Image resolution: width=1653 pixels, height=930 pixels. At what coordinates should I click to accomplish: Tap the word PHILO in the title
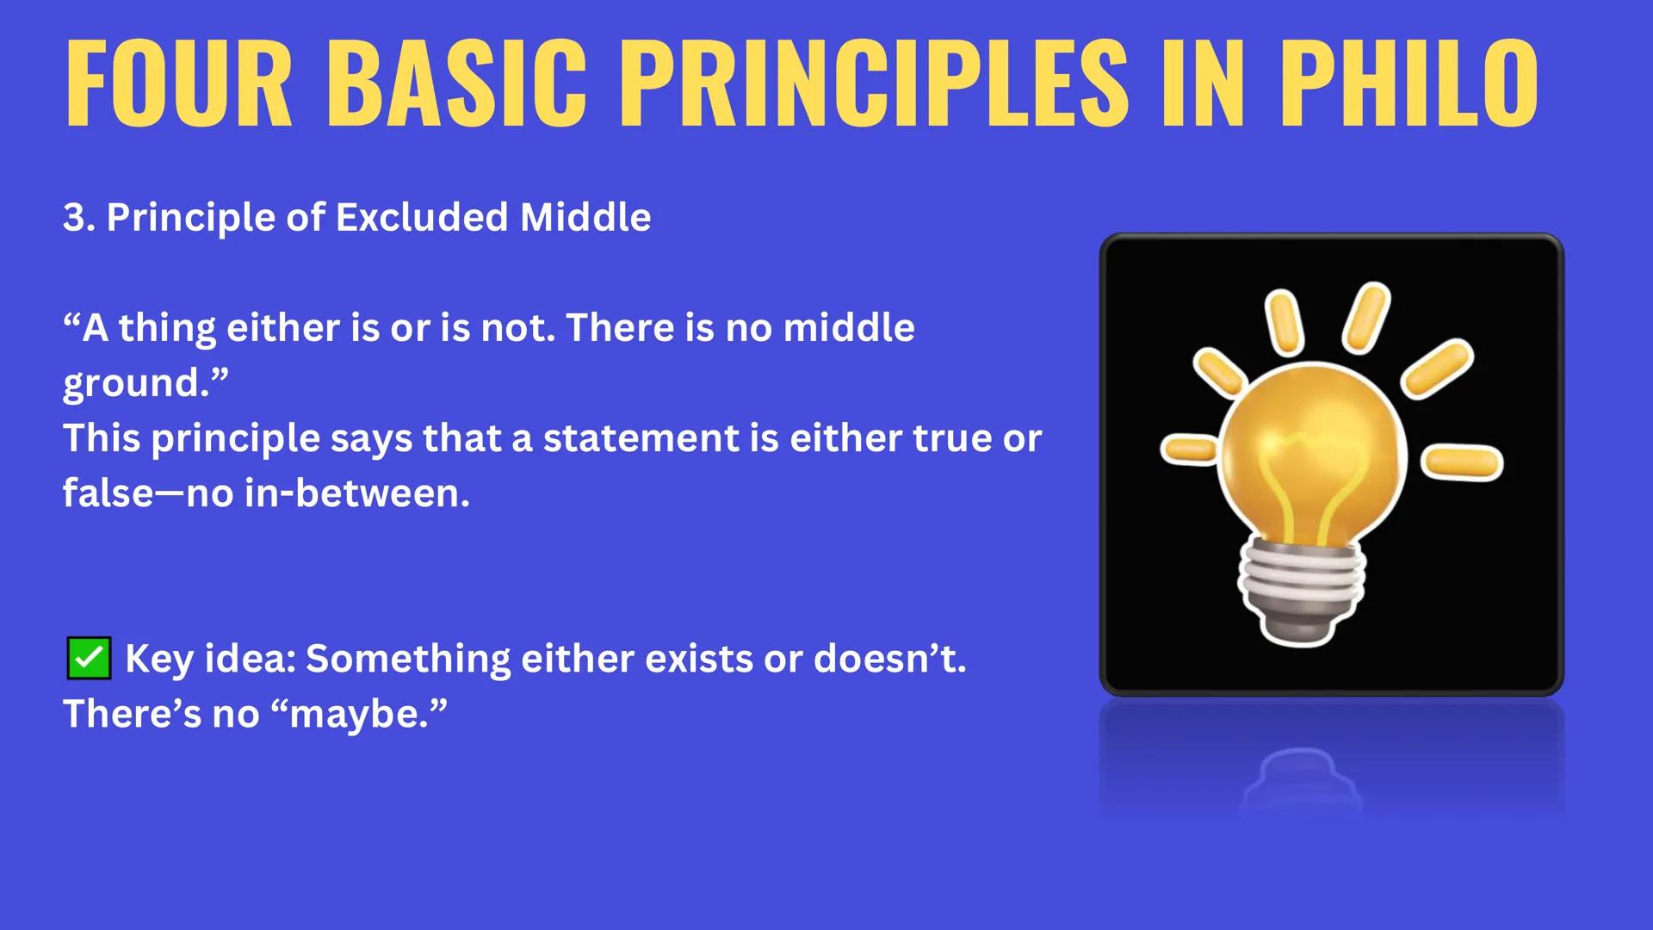tap(1408, 84)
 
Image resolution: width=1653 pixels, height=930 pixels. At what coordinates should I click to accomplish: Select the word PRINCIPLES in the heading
tap(873, 84)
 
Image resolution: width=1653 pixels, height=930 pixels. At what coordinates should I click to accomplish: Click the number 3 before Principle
tap(74, 217)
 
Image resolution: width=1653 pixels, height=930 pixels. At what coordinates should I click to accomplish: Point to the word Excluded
tap(421, 217)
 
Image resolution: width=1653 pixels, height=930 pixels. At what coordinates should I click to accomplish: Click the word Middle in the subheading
tap(585, 217)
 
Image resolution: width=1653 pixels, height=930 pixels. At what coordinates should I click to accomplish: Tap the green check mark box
tap(89, 659)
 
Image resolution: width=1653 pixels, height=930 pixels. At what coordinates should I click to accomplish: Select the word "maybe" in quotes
tap(359, 714)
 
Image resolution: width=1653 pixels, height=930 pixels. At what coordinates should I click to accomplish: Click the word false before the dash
tap(108, 493)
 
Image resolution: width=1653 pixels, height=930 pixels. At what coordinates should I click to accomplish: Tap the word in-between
tap(356, 493)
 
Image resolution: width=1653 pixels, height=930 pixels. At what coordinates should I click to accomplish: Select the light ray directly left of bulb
tap(1190, 449)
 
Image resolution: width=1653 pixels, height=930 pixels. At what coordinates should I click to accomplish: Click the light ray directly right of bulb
tap(1461, 462)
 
